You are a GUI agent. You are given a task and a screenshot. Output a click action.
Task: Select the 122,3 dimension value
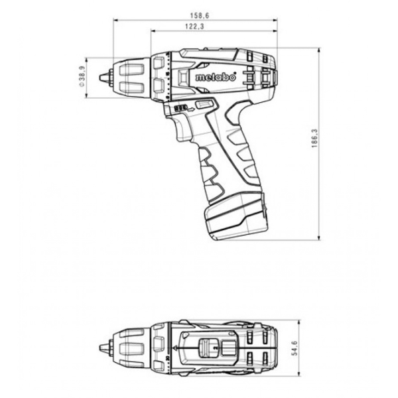point(194,27)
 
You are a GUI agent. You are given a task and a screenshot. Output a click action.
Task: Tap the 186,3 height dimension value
point(314,139)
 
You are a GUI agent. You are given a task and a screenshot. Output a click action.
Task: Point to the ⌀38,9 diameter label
point(82,77)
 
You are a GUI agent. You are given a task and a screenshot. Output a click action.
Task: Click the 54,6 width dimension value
point(295,348)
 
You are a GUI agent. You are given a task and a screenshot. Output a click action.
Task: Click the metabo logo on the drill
point(216,77)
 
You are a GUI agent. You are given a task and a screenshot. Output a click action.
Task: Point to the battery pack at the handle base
point(236,216)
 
